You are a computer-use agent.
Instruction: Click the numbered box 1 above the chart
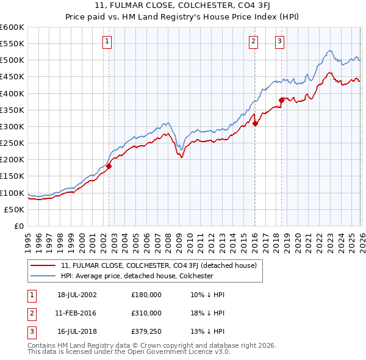[107, 41]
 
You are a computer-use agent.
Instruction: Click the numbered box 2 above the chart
[253, 41]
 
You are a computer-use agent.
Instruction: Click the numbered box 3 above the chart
[279, 41]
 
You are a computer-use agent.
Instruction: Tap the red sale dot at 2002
[109, 165]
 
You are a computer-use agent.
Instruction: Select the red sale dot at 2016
[255, 123]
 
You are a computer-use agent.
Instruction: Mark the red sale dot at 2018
[281, 100]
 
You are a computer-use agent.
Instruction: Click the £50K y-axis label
[15, 209]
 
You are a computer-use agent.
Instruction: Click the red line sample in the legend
[44, 265]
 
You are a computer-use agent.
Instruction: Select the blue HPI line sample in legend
[44, 276]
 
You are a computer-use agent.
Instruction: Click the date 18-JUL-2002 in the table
[77, 295]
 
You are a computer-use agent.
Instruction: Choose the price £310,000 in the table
[146, 312]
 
